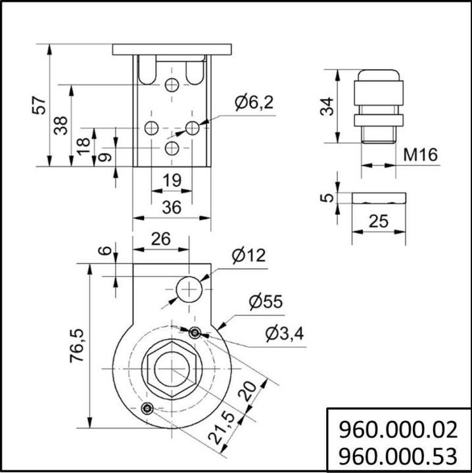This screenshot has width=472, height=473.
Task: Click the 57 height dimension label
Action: point(40,105)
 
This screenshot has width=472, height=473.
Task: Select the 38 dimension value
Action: point(60,125)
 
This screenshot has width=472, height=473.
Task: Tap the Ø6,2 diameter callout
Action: point(253,102)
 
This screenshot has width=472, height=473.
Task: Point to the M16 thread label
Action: point(420,156)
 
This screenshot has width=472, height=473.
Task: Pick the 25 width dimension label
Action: point(378,221)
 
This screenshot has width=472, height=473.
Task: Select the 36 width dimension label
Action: point(172,207)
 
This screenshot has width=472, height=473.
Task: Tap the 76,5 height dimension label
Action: point(78,345)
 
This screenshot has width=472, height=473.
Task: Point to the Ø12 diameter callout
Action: point(249,255)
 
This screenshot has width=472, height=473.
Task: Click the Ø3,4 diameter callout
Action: point(284,334)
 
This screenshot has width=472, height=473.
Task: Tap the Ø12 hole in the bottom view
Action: point(189,288)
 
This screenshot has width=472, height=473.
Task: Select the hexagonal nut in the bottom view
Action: point(172,371)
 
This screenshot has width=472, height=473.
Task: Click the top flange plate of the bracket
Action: point(172,49)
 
